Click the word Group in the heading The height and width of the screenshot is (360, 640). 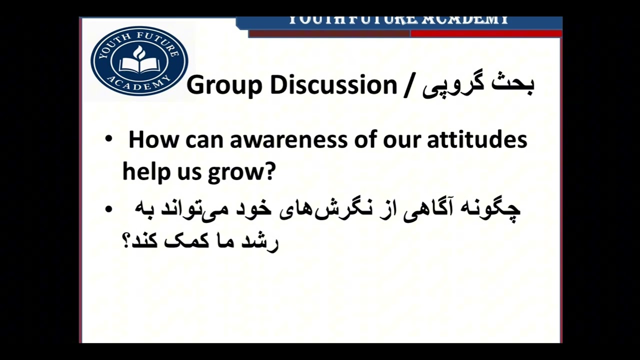(224, 85)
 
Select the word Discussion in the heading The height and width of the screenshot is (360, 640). (333, 85)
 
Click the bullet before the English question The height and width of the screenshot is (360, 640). (109, 139)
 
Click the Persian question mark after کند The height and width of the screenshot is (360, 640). (126, 241)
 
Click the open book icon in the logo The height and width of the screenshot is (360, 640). (139, 63)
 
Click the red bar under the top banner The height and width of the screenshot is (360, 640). (486, 33)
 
